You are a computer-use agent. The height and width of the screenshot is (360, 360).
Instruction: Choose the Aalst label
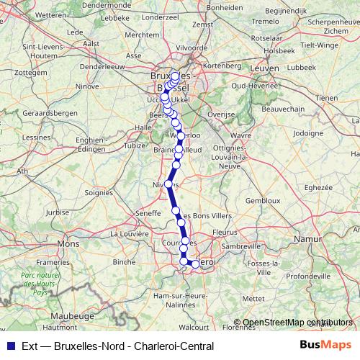[x=91, y=43]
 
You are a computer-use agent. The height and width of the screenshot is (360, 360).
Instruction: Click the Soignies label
[x=99, y=192]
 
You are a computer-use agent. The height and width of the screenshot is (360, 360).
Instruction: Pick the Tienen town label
[x=326, y=97]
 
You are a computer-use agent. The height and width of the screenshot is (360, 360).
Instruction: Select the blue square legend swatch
[x=10, y=345]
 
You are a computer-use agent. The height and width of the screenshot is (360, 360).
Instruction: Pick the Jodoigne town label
[x=308, y=132]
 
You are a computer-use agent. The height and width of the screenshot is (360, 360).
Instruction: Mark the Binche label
[x=125, y=262]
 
